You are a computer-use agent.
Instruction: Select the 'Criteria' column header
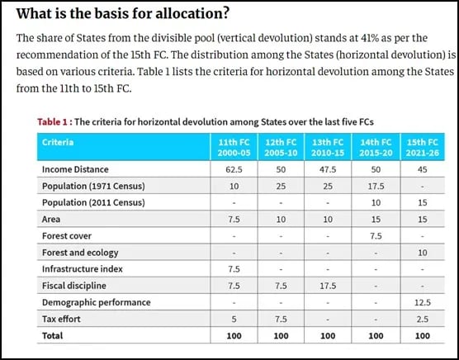58,142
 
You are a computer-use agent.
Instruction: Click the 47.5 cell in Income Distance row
329,170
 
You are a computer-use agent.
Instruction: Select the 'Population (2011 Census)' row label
95,203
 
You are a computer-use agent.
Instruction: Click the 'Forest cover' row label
67,236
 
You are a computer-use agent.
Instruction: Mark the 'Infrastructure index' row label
83,269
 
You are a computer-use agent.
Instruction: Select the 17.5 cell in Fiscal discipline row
329,286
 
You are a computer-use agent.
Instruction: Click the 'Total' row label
54,336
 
